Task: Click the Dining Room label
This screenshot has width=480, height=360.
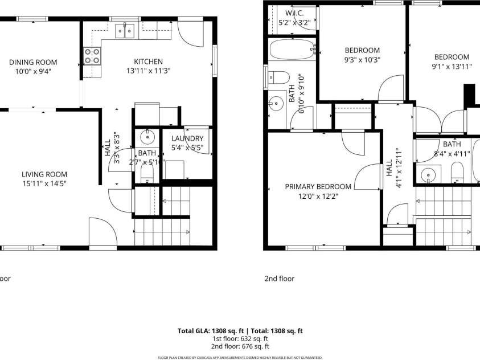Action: pyautogui.click(x=33, y=62)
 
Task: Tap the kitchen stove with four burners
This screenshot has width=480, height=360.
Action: pyautogui.click(x=92, y=55)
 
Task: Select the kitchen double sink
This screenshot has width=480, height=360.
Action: pyautogui.click(x=125, y=31)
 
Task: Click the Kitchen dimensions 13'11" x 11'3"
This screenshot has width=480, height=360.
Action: pyautogui.click(x=148, y=71)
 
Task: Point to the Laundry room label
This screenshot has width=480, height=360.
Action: pyautogui.click(x=187, y=138)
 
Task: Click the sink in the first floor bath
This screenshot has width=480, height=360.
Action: pyautogui.click(x=148, y=136)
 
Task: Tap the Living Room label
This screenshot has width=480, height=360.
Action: pyautogui.click(x=44, y=174)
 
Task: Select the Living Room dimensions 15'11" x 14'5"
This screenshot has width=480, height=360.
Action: pyautogui.click(x=44, y=183)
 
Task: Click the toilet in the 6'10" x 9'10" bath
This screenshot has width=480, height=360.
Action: pyautogui.click(x=277, y=77)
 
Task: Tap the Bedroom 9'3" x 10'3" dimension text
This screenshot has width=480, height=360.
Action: pyautogui.click(x=362, y=59)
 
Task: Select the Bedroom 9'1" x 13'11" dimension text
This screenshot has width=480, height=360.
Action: pyautogui.click(x=452, y=66)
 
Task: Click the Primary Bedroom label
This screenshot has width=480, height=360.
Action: pyautogui.click(x=318, y=186)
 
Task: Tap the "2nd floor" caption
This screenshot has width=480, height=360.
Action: pyautogui.click(x=279, y=279)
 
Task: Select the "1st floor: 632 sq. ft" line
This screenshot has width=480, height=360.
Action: pyautogui.click(x=240, y=338)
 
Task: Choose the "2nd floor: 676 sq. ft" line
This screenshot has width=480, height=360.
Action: pyautogui.click(x=240, y=346)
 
